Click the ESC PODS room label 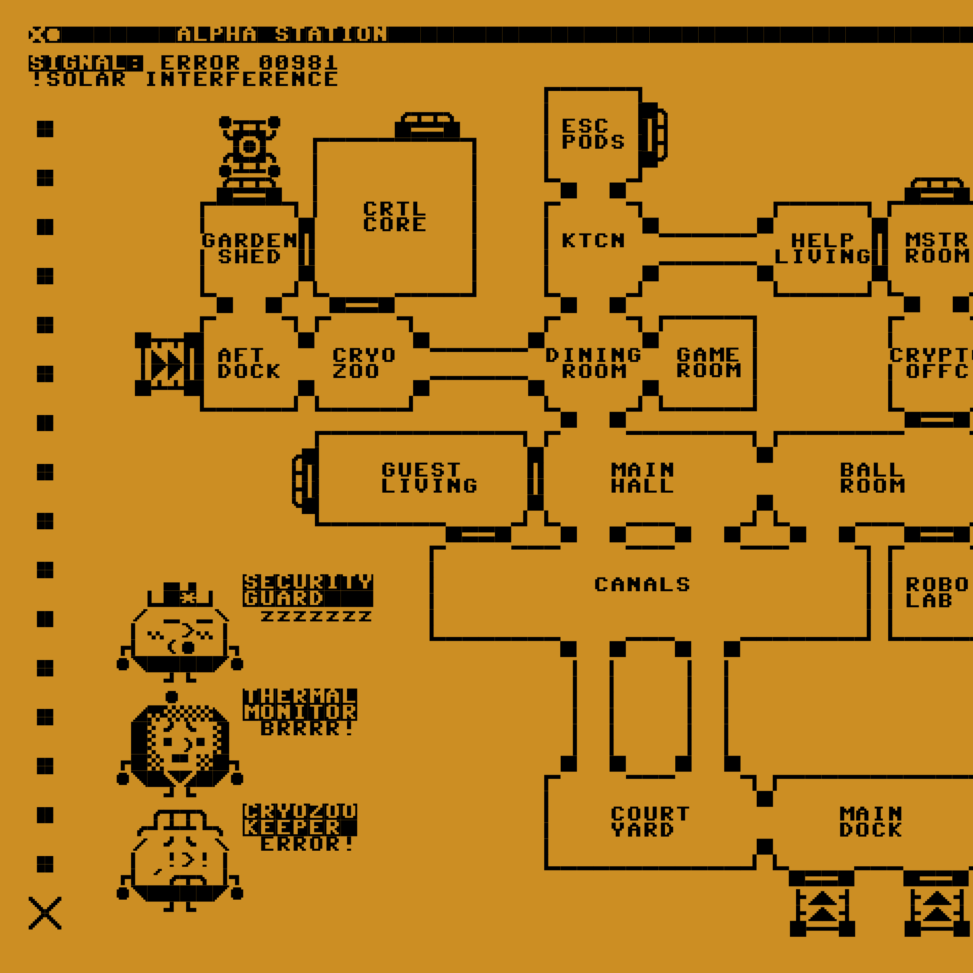click(593, 134)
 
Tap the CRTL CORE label click(394, 217)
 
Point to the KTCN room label click(593, 241)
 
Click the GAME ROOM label click(708, 363)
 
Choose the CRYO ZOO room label click(363, 363)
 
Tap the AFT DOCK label click(249, 363)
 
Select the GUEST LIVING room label click(429, 478)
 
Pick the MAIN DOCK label click(871, 822)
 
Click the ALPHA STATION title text click(282, 35)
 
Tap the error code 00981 click(298, 63)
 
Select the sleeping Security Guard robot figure click(180, 636)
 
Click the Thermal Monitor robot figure click(180, 745)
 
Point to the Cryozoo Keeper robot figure click(180, 861)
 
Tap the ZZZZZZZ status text click(316, 616)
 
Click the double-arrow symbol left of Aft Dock click(167, 365)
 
